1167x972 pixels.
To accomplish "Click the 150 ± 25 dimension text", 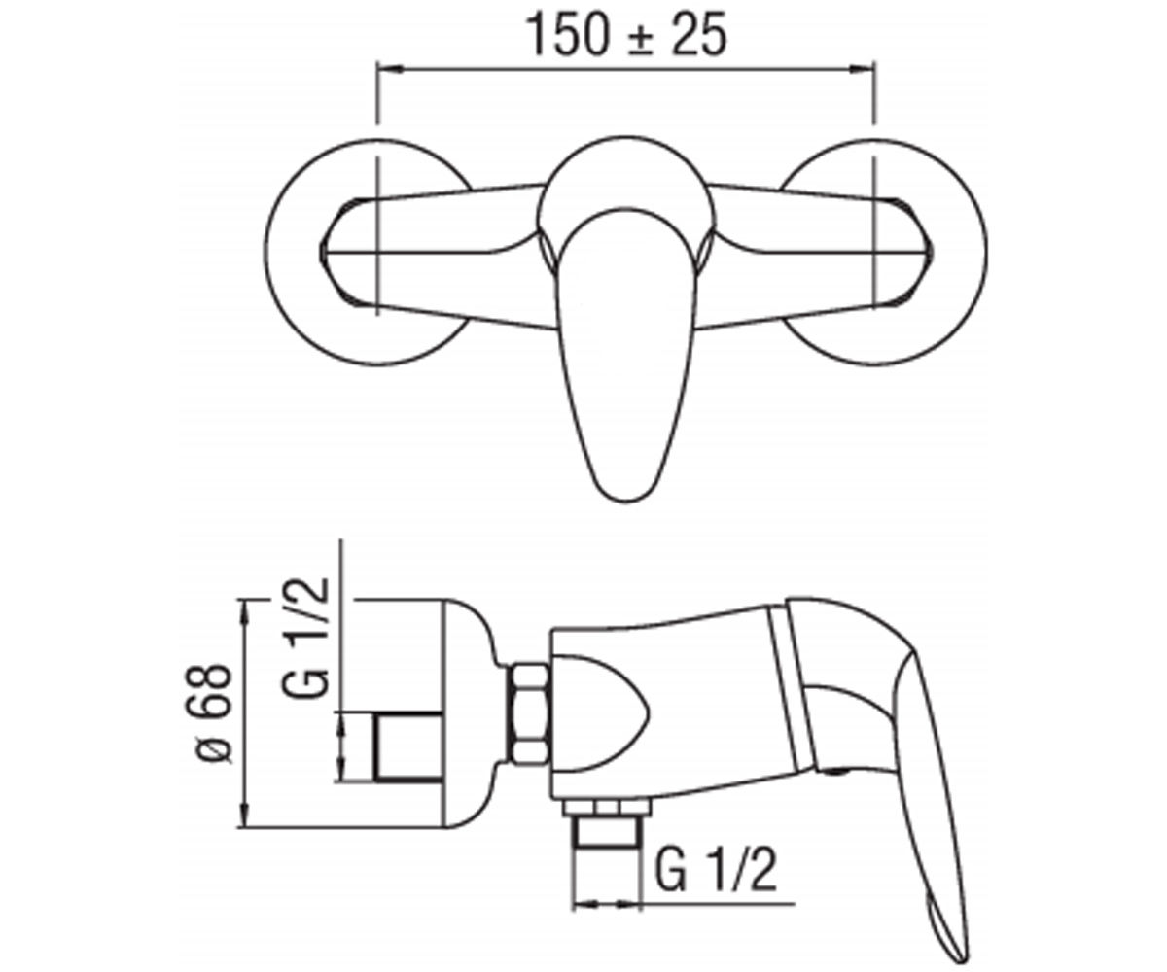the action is point(628,35).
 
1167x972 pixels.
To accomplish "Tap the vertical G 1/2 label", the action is point(306,638).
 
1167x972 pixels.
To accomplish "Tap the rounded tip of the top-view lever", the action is point(625,499).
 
